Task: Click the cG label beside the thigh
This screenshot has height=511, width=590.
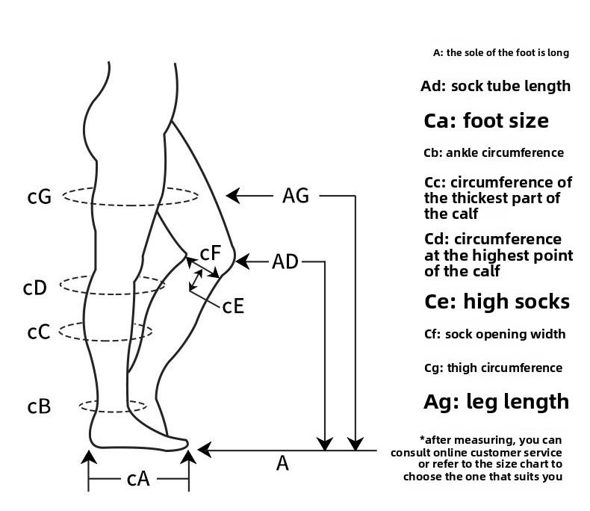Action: coord(40,196)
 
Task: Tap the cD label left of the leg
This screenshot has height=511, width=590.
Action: coord(35,287)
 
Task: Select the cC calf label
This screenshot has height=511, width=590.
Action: coord(38,331)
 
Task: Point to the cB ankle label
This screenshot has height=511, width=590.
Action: coord(39,406)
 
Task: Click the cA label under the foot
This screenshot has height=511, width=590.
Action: coord(137,479)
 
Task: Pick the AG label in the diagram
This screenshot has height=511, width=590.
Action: coord(296,196)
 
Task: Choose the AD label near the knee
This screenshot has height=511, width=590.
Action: coord(285,261)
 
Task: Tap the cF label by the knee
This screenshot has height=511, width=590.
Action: coord(211,253)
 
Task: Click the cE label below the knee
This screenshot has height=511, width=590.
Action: coord(234,306)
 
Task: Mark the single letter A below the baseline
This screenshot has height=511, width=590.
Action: coord(282,464)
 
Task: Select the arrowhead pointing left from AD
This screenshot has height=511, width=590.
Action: coord(242,261)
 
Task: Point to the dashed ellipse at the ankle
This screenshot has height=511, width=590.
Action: coord(114,406)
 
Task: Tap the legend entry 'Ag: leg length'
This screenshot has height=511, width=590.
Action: coord(496,401)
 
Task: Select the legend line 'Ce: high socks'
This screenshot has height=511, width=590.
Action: coord(497,301)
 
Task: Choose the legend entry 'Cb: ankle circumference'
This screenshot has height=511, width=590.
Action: coord(493,153)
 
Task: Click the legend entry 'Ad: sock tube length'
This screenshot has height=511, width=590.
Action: coord(495,86)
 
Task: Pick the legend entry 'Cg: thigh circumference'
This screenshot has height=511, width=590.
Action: coord(493,368)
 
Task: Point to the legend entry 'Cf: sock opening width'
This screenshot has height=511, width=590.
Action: coord(494,334)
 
